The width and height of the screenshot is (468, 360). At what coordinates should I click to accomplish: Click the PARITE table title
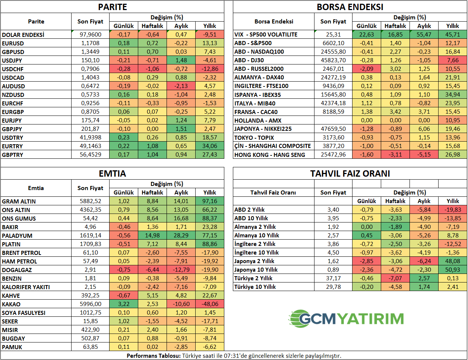[112, 7]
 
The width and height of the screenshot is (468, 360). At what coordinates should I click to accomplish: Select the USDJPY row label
[12, 60]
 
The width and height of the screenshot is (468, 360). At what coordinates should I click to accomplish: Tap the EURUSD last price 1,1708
[90, 43]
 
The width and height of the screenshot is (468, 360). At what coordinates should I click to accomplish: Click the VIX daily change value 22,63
[367, 35]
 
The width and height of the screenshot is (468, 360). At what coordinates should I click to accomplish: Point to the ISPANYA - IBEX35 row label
[257, 95]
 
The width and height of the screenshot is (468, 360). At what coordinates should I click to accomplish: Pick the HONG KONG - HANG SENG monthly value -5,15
[424, 155]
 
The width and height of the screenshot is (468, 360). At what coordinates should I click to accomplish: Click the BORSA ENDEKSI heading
[350, 7]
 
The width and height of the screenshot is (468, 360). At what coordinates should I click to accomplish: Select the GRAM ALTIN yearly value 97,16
[210, 201]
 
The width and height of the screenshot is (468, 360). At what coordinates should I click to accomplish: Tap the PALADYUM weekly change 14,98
[152, 236]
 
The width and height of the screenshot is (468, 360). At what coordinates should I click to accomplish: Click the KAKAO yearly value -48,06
[210, 304]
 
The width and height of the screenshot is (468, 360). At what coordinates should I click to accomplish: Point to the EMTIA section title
[112, 174]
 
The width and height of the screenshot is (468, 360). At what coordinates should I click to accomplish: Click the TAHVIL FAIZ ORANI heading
[350, 174]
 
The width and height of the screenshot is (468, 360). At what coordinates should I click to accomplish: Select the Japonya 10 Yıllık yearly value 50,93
[453, 270]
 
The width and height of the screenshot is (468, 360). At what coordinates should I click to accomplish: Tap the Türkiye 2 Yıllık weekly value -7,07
[395, 278]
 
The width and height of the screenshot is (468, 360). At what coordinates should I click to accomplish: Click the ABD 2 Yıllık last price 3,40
[333, 210]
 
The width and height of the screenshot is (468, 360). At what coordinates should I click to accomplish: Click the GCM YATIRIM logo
[346, 319]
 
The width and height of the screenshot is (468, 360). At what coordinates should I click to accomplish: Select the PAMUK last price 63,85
[90, 347]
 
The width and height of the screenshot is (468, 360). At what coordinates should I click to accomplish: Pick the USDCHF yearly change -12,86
[210, 69]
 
